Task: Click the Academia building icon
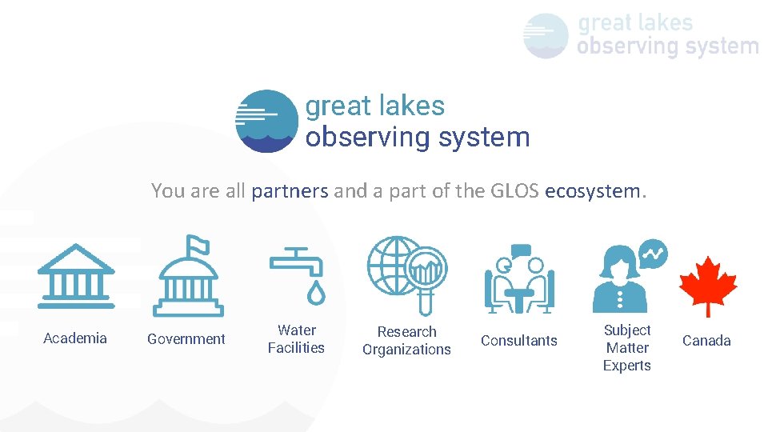click(76, 276)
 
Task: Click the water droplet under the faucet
click(318, 294)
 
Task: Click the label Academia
click(75, 338)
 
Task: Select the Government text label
click(186, 339)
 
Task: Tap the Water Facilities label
click(296, 339)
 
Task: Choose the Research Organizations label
click(406, 341)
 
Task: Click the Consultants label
click(519, 341)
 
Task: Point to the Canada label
click(706, 341)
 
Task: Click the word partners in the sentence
click(290, 191)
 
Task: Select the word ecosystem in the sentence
click(592, 191)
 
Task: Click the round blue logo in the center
click(266, 121)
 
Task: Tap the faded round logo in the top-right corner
click(546, 36)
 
